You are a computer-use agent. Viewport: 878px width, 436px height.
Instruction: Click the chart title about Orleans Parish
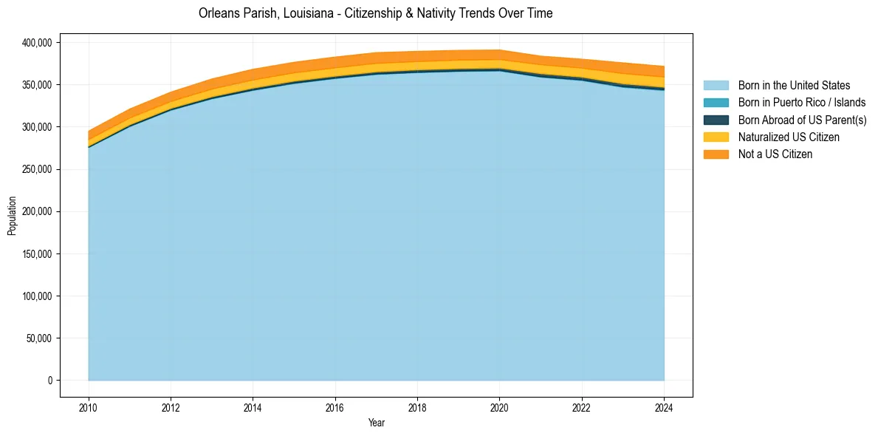(x=375, y=13)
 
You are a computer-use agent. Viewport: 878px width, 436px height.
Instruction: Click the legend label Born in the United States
(x=794, y=86)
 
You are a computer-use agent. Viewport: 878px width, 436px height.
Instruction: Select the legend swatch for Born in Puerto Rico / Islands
(x=716, y=103)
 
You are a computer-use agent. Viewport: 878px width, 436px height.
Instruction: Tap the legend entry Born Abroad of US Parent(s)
(x=802, y=120)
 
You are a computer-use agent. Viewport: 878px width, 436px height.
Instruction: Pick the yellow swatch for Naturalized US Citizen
(x=716, y=137)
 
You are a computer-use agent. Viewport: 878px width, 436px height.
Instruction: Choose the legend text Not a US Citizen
(x=775, y=154)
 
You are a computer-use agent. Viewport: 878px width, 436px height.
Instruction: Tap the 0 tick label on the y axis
(x=50, y=381)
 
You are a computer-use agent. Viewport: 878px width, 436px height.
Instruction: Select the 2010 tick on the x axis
(x=88, y=406)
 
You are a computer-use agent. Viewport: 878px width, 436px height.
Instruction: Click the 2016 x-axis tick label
(x=335, y=406)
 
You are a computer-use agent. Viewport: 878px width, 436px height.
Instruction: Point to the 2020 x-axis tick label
(x=500, y=406)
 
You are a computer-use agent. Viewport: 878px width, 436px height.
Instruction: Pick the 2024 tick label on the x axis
(x=665, y=406)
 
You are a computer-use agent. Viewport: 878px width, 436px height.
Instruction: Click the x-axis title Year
(x=376, y=423)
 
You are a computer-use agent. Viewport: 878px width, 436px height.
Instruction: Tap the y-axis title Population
(x=12, y=216)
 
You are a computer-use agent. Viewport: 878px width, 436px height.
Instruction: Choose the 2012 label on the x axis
(x=171, y=406)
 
